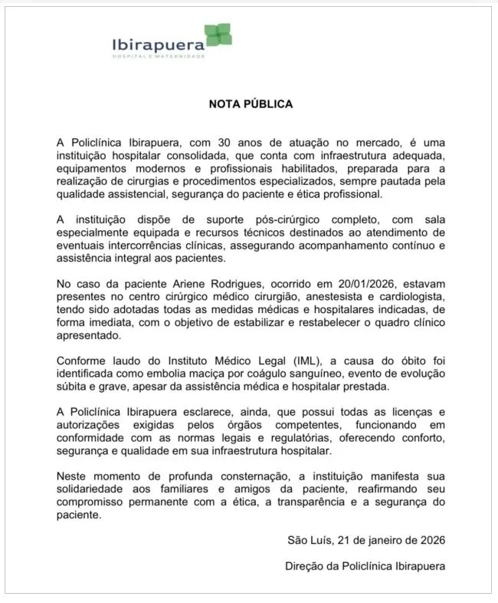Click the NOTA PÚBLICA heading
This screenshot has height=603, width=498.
pos(251,104)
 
